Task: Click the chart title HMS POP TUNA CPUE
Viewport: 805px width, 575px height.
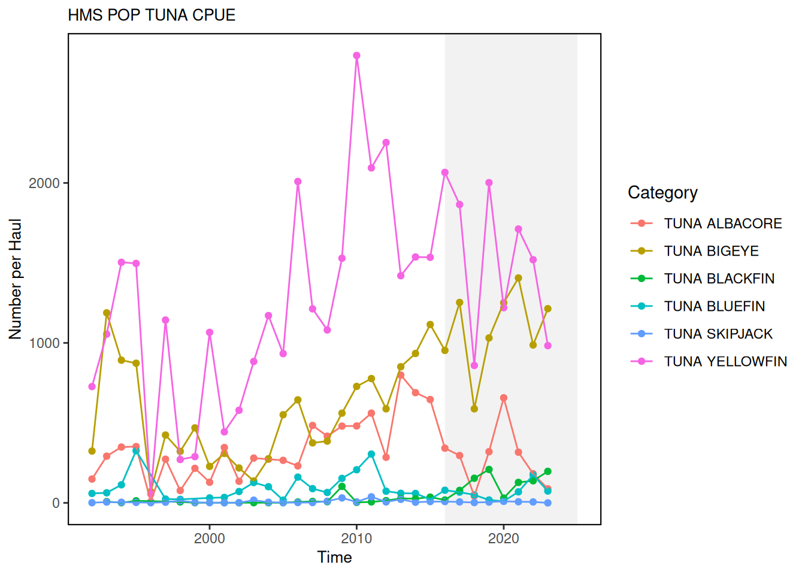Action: click(152, 15)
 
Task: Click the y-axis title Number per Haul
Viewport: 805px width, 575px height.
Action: click(15, 279)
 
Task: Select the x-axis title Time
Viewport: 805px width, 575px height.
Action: click(334, 558)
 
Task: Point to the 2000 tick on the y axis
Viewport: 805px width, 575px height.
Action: click(44, 183)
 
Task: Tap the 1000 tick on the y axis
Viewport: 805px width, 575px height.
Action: click(44, 343)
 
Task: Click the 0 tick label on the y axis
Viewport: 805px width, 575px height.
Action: click(56, 503)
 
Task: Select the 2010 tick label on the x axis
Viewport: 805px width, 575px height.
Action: click(356, 538)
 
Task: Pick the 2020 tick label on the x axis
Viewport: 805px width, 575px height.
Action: click(503, 538)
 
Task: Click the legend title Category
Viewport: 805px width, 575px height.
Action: click(662, 193)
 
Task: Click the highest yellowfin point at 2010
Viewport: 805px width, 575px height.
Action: click(356, 56)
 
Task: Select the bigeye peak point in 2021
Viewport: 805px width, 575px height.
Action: click(518, 279)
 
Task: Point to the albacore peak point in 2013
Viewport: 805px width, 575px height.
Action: click(401, 376)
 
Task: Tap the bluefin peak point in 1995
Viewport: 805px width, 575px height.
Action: click(136, 450)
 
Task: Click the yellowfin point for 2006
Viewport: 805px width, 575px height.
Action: click(298, 181)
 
